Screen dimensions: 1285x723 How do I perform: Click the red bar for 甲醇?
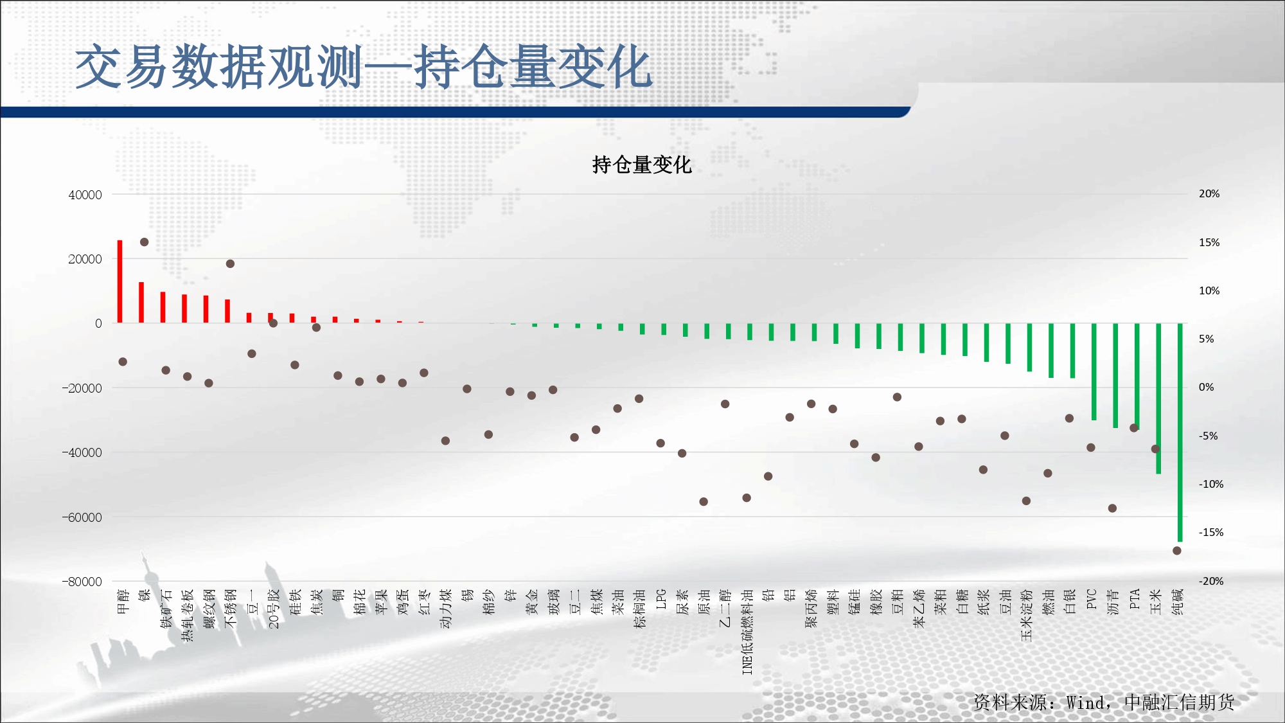point(120,281)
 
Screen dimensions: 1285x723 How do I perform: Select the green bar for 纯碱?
point(1180,433)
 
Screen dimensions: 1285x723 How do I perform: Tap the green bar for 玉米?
point(1158,398)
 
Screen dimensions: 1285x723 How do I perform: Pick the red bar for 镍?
point(141,302)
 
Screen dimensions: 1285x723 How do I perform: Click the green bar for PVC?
point(1094,372)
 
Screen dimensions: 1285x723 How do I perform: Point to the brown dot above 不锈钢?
point(230,263)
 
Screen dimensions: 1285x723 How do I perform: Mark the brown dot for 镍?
point(145,242)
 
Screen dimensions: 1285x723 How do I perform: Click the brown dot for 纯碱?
point(1177,551)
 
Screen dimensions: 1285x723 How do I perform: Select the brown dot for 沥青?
point(1112,508)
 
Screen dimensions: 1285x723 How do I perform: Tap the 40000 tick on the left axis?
point(85,195)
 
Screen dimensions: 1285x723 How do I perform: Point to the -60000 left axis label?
point(82,517)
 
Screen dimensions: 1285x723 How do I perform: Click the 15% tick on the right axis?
point(1209,242)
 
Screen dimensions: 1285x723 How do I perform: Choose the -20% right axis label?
point(1211,581)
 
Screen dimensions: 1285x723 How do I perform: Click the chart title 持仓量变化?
point(642,165)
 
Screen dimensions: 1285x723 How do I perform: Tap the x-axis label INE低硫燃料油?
point(747,632)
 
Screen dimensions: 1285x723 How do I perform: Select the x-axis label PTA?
point(1135,599)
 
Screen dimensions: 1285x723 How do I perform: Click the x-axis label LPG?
point(661,599)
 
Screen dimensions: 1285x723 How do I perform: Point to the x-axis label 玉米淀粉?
point(1027,615)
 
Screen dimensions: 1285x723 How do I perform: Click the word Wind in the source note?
point(1086,702)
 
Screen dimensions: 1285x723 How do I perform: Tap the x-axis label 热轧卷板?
point(188,615)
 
